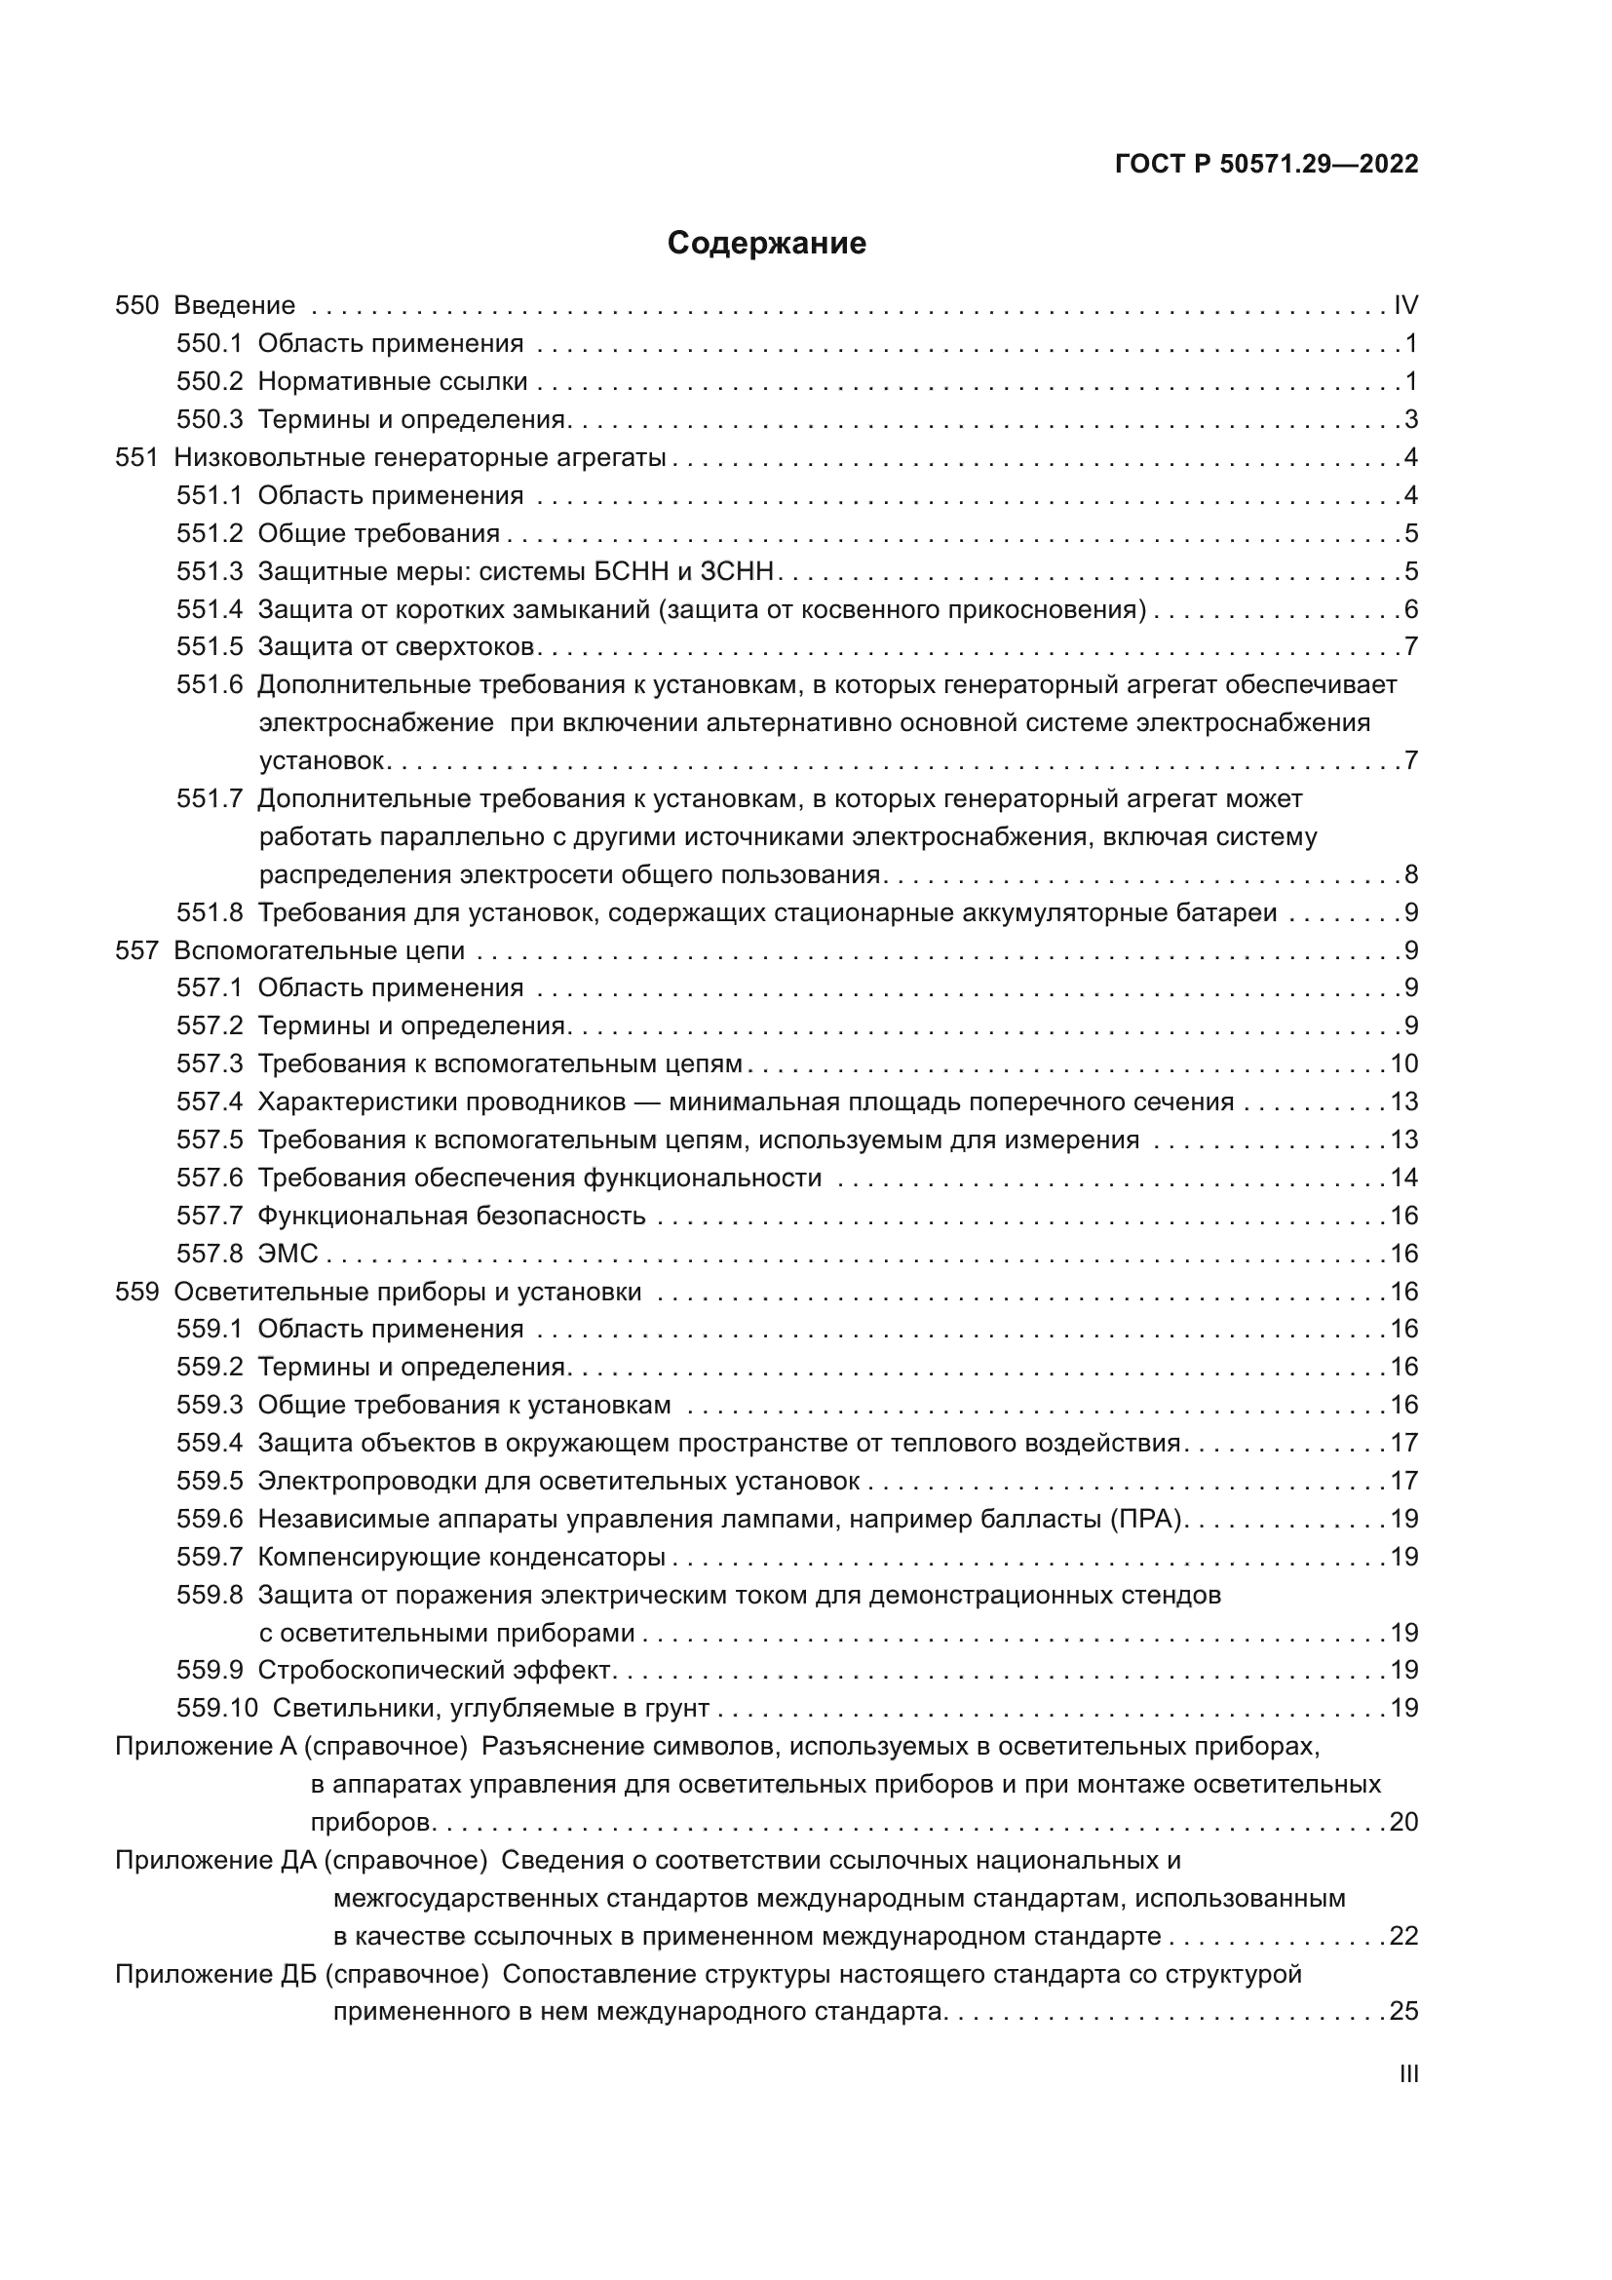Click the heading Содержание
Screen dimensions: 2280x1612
coord(766,244)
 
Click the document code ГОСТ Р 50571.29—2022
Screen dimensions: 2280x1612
coord(1267,165)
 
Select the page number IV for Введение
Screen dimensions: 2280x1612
coord(1405,305)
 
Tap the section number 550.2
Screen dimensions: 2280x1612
coord(210,381)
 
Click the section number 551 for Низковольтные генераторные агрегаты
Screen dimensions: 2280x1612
coord(137,458)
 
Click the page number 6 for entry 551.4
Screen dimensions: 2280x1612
coord(1410,609)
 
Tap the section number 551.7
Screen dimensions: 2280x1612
coord(210,798)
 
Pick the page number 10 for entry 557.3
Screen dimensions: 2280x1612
coord(1403,1063)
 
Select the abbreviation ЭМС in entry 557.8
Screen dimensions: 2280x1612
coord(288,1255)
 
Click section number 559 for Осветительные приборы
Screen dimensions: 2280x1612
coord(137,1292)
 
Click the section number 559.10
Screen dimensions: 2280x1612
coord(216,1709)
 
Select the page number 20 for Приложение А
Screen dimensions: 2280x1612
coord(1403,1822)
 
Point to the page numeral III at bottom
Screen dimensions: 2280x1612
coord(1408,2073)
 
